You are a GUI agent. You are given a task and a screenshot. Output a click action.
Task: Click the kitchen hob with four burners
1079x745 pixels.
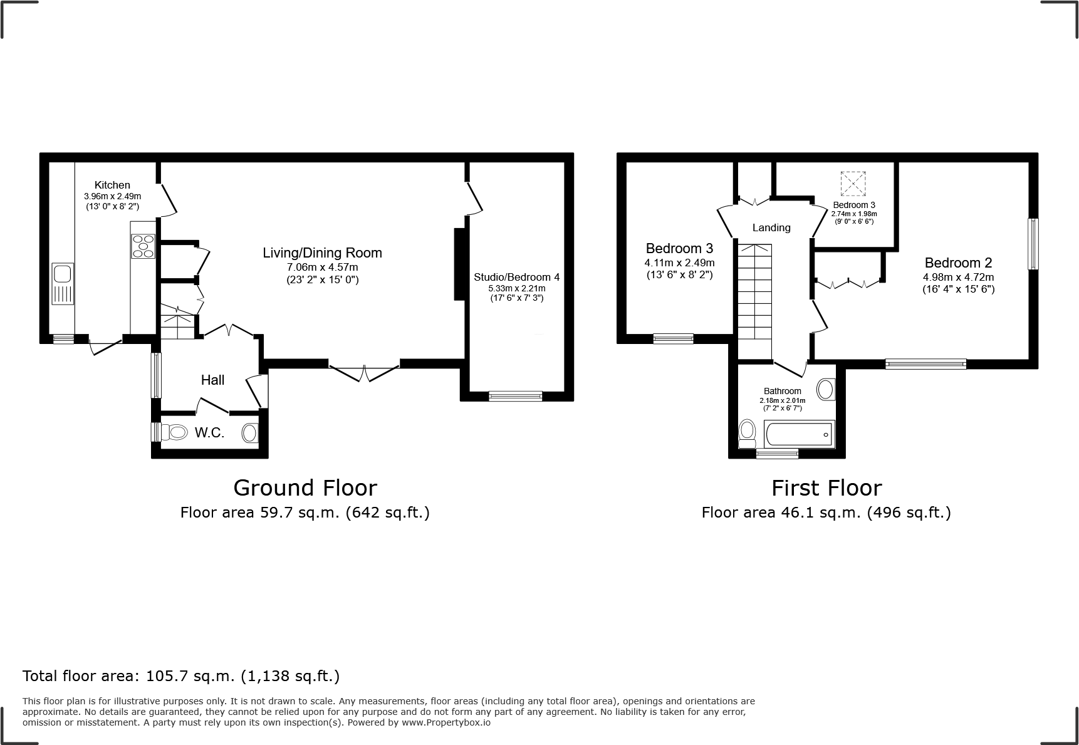pyautogui.click(x=143, y=246)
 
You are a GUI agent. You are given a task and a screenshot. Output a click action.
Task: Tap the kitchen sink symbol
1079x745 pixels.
pyautogui.click(x=63, y=284)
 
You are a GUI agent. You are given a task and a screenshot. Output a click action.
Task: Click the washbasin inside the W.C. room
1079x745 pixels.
pyautogui.click(x=249, y=432)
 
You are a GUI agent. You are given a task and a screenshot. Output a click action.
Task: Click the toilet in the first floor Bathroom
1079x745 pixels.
pyautogui.click(x=746, y=433)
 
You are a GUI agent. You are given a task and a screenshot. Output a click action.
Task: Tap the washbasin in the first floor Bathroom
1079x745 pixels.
pyautogui.click(x=826, y=389)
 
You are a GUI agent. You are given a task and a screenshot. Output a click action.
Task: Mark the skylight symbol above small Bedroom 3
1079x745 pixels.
pyautogui.click(x=853, y=184)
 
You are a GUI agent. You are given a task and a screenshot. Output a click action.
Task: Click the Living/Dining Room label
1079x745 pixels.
pyautogui.click(x=322, y=253)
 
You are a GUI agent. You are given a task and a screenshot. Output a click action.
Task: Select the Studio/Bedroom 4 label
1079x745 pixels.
pyautogui.click(x=516, y=277)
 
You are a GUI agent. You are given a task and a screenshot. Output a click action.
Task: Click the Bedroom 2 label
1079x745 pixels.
pyautogui.click(x=958, y=263)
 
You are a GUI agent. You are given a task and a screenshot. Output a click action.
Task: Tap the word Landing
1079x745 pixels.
pyautogui.click(x=771, y=228)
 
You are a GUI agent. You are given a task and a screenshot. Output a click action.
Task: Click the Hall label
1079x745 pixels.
pyautogui.click(x=212, y=380)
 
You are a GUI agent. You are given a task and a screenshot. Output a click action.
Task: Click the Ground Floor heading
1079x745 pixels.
pyautogui.click(x=305, y=488)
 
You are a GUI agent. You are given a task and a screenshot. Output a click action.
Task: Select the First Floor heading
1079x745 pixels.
pyautogui.click(x=826, y=488)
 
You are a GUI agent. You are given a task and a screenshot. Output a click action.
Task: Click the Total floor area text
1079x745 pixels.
pyautogui.click(x=181, y=676)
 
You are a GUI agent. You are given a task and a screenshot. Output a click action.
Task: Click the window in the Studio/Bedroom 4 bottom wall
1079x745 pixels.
pyautogui.click(x=515, y=395)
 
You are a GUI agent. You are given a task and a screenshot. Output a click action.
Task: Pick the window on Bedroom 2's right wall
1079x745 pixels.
pyautogui.click(x=1033, y=244)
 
